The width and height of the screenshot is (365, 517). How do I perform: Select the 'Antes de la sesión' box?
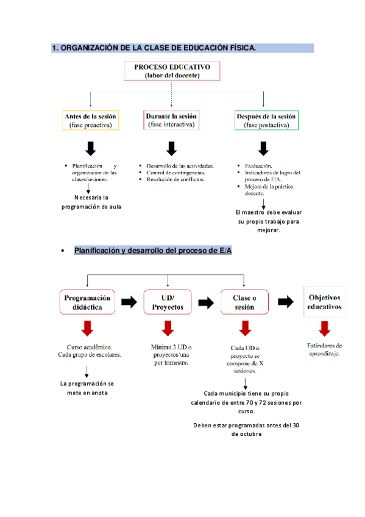(x=91, y=120)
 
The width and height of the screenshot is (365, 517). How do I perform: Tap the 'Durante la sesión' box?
(x=171, y=119)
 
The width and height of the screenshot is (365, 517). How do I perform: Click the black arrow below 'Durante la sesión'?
(x=171, y=148)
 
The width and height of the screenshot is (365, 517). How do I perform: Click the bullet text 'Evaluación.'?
(x=258, y=166)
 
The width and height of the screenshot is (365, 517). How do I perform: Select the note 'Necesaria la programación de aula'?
(x=91, y=202)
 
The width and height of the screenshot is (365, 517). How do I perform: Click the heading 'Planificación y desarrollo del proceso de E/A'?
(x=153, y=251)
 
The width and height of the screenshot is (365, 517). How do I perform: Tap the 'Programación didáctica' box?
(x=88, y=302)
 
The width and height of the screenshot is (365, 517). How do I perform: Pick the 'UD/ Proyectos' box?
(x=168, y=302)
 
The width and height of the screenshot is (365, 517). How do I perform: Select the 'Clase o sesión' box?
(x=244, y=302)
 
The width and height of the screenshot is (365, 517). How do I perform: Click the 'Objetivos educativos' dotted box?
(x=324, y=302)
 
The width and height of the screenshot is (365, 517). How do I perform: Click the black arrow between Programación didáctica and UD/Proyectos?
(x=129, y=302)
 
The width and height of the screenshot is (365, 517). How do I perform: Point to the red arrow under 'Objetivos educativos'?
(x=324, y=329)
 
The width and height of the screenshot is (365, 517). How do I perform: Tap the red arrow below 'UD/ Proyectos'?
(x=168, y=329)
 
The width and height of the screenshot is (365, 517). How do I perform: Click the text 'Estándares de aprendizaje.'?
(x=324, y=349)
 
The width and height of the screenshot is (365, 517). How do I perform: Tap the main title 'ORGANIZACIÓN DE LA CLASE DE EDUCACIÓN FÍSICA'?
(x=154, y=48)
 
